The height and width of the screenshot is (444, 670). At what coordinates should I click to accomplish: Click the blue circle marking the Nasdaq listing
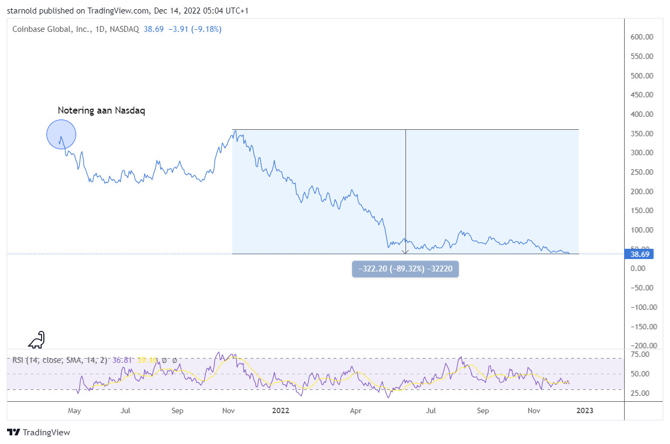pos(61,134)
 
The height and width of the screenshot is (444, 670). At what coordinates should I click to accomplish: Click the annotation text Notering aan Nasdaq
pos(101,111)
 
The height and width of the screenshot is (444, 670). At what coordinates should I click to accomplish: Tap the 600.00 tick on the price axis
pos(642,37)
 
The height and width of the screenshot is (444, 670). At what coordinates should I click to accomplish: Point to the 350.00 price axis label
pos(642,134)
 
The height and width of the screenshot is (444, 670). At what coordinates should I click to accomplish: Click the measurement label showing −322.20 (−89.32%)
pos(405,269)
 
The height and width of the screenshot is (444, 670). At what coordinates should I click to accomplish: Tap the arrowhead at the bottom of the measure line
pos(405,251)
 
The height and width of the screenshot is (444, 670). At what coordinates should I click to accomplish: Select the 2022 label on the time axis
pos(281,411)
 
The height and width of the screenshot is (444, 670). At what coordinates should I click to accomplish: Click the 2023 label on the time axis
pos(585,411)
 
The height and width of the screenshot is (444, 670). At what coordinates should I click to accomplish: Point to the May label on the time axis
pos(74,411)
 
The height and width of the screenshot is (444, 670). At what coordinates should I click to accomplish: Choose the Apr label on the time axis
pos(355,411)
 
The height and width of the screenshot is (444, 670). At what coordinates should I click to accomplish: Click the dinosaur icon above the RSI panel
pos(37,340)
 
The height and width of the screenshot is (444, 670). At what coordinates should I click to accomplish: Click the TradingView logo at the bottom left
pos(38,433)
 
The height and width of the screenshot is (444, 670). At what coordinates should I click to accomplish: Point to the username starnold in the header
pos(22,11)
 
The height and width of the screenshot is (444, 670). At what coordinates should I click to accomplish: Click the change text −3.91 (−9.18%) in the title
pos(194,29)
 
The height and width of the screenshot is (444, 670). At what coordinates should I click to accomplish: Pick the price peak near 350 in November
pos(235,131)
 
